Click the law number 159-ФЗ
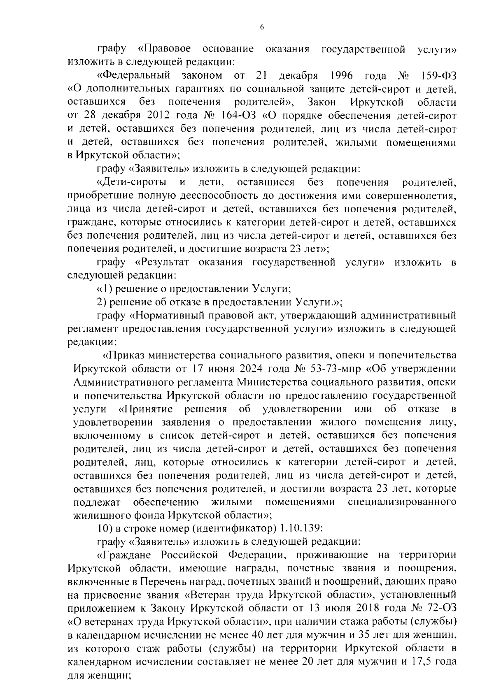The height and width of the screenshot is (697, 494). (x=439, y=76)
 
